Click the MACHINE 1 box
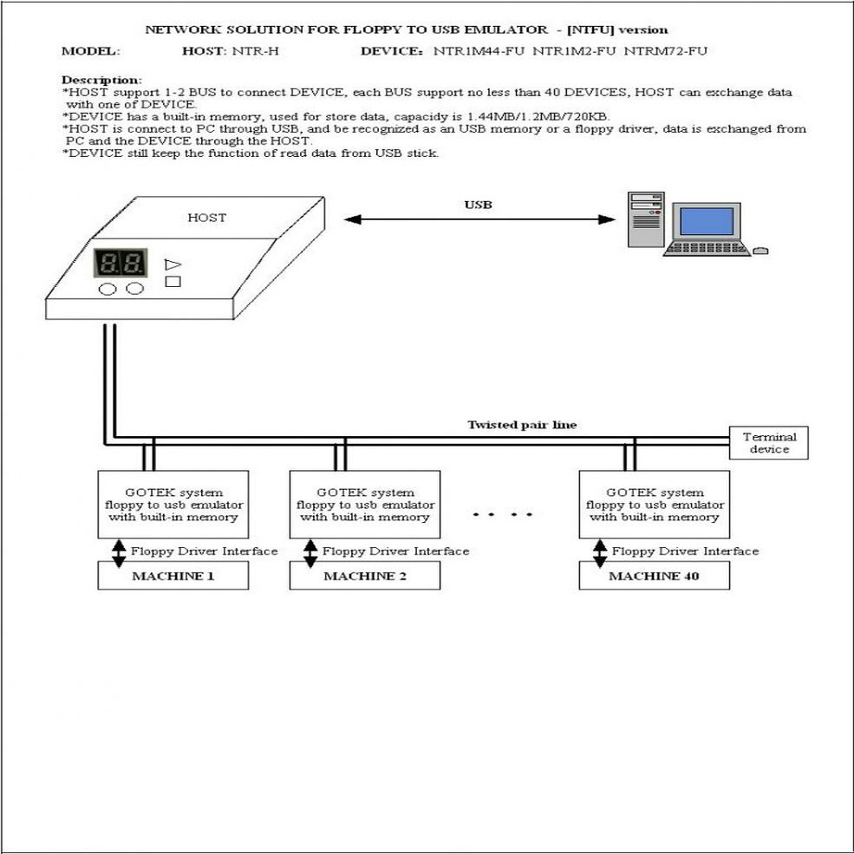click(x=173, y=576)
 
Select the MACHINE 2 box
click(x=364, y=576)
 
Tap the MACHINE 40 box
click(x=654, y=576)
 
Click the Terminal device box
click(x=769, y=442)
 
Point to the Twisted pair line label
click(x=522, y=425)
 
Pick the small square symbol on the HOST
click(x=173, y=281)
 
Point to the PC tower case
click(x=647, y=221)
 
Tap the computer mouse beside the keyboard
click(x=760, y=251)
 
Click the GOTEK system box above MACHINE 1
click(x=173, y=505)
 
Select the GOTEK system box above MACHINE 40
click(x=654, y=505)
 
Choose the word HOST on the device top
click(x=206, y=218)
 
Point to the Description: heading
click(x=101, y=80)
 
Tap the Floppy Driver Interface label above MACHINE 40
click(x=685, y=551)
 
